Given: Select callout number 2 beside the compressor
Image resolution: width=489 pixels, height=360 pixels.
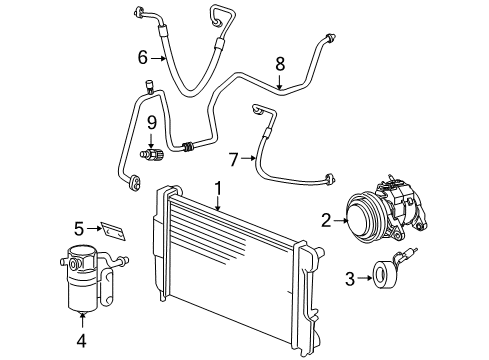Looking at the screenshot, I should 325,220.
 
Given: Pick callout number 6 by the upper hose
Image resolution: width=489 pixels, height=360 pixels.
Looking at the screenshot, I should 142,58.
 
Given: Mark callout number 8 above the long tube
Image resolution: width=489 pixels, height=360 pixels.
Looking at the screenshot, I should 280,63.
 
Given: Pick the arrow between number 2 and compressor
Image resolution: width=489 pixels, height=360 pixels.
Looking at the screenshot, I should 338,220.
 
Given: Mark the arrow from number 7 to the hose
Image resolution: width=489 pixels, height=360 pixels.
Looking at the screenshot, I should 249,159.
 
